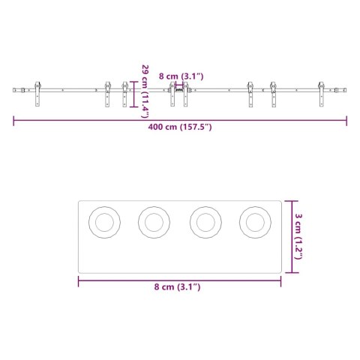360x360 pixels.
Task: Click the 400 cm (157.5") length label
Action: pyautogui.click(x=180, y=127)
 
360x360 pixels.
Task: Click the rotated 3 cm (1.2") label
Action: pyautogui.click(x=298, y=236)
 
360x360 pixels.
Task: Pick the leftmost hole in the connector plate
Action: pyautogui.click(x=103, y=221)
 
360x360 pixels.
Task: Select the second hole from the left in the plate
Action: pyautogui.click(x=154, y=221)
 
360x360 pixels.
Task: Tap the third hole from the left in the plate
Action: pyautogui.click(x=204, y=221)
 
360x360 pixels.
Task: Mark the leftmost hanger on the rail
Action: pyautogui.click(x=35, y=94)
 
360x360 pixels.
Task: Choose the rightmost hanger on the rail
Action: pyautogui.click(x=322, y=94)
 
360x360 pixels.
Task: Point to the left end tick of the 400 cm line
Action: pyautogui.click(x=13, y=118)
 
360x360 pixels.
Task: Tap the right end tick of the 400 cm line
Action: pyautogui.click(x=347, y=118)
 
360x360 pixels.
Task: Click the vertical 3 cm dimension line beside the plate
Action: pyautogui.click(x=292, y=235)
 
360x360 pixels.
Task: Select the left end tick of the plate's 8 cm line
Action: pyautogui.click(x=78, y=280)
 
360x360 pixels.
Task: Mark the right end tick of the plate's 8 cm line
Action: pyautogui.click(x=280, y=280)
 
